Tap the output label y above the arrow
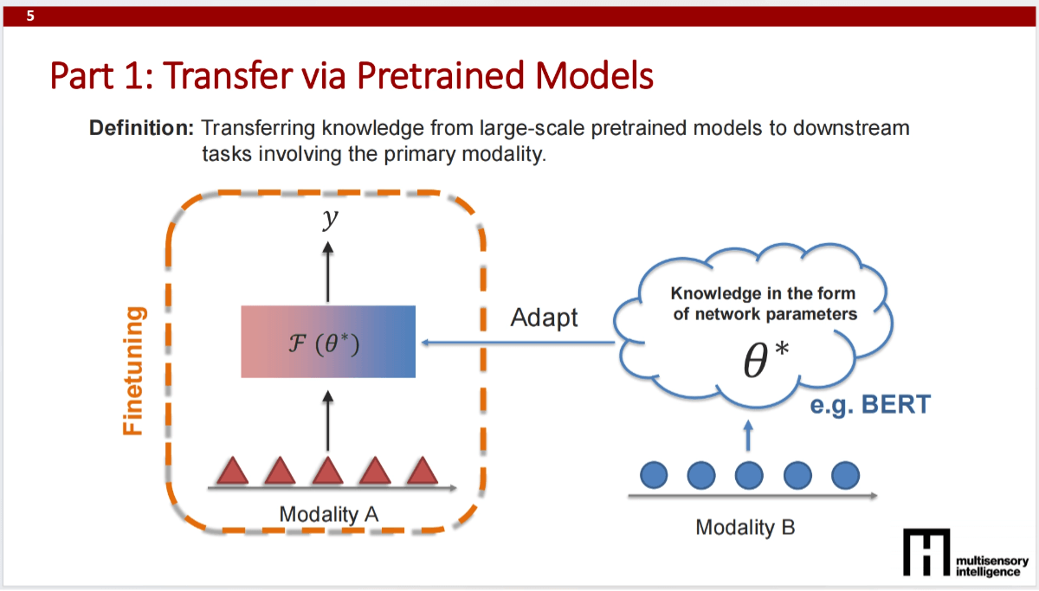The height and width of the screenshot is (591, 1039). coord(328,220)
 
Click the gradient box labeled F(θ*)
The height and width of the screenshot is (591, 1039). coord(328,341)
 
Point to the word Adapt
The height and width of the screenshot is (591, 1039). coord(544,318)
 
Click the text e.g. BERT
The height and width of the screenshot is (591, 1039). coord(869,403)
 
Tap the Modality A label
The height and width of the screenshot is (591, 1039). coord(329,514)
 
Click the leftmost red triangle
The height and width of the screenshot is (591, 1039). coord(233,471)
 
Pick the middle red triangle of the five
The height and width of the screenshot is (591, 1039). coord(327,471)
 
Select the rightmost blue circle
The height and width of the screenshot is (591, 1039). coord(844,474)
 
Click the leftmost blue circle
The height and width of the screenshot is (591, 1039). coord(655,474)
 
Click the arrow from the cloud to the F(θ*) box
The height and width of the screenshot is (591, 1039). coord(519,343)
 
